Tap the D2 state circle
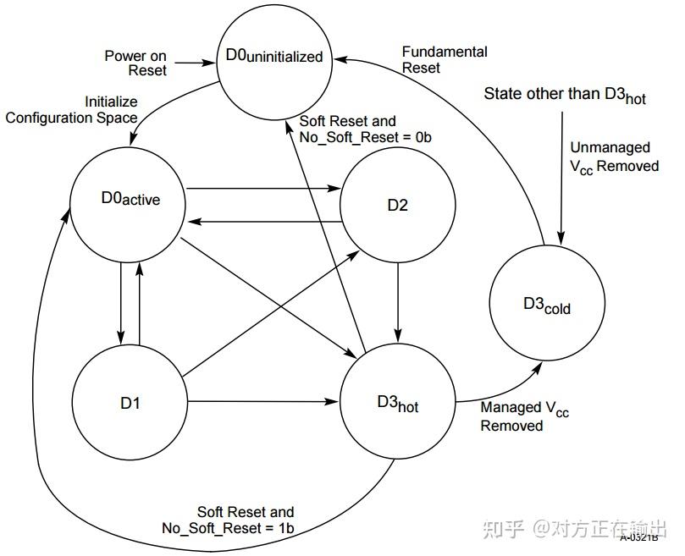click(x=397, y=206)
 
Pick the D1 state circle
click(x=130, y=403)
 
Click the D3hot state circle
click(x=397, y=404)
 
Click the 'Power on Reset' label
click(x=135, y=63)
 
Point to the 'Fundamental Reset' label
click(x=445, y=59)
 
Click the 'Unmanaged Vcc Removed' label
click(x=614, y=157)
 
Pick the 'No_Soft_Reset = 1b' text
click(x=229, y=529)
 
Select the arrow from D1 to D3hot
click(x=262, y=401)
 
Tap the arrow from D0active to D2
click(x=262, y=188)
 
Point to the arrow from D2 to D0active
click(x=262, y=223)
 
